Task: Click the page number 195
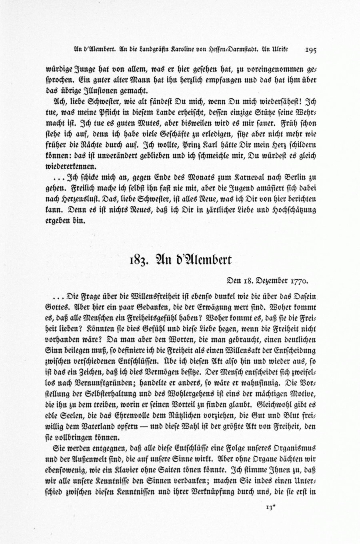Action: [x=310, y=50]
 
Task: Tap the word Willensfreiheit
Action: [x=154, y=297]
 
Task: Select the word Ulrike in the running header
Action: [x=280, y=50]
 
